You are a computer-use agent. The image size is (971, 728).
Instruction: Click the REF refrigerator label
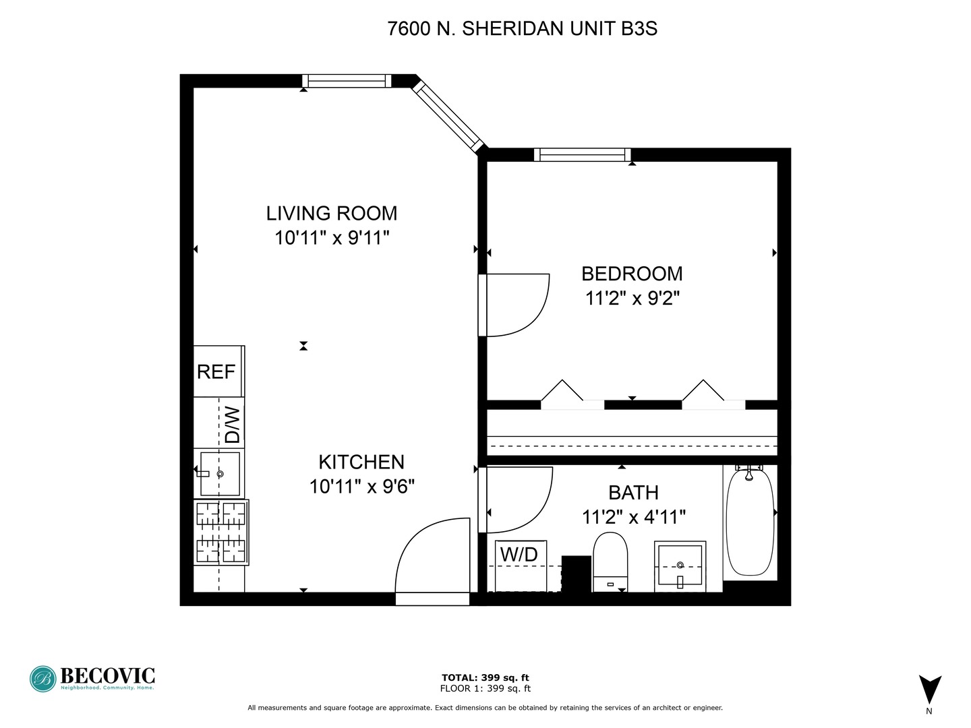coord(216,371)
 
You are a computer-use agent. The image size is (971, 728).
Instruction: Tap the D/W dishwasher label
coord(232,424)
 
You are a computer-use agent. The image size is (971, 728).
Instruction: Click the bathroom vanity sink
coord(680,566)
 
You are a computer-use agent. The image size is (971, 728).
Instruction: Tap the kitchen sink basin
coord(220,473)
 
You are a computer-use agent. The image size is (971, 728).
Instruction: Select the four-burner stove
coord(221,533)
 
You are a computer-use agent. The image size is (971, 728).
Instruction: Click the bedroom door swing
coord(517,305)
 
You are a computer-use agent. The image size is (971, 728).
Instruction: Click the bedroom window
coord(583,155)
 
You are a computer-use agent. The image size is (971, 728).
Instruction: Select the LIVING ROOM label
coord(332,214)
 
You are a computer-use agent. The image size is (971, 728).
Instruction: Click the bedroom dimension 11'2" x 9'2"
coord(632,298)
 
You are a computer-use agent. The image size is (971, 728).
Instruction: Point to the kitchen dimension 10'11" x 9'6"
coord(361,486)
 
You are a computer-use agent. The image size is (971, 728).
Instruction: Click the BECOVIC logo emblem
coord(43,679)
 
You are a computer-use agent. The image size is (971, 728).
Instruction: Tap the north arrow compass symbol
coord(930,690)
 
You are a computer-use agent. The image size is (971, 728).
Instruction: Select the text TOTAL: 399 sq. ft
coord(486,677)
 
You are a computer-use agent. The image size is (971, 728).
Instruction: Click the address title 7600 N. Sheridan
coord(522,29)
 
